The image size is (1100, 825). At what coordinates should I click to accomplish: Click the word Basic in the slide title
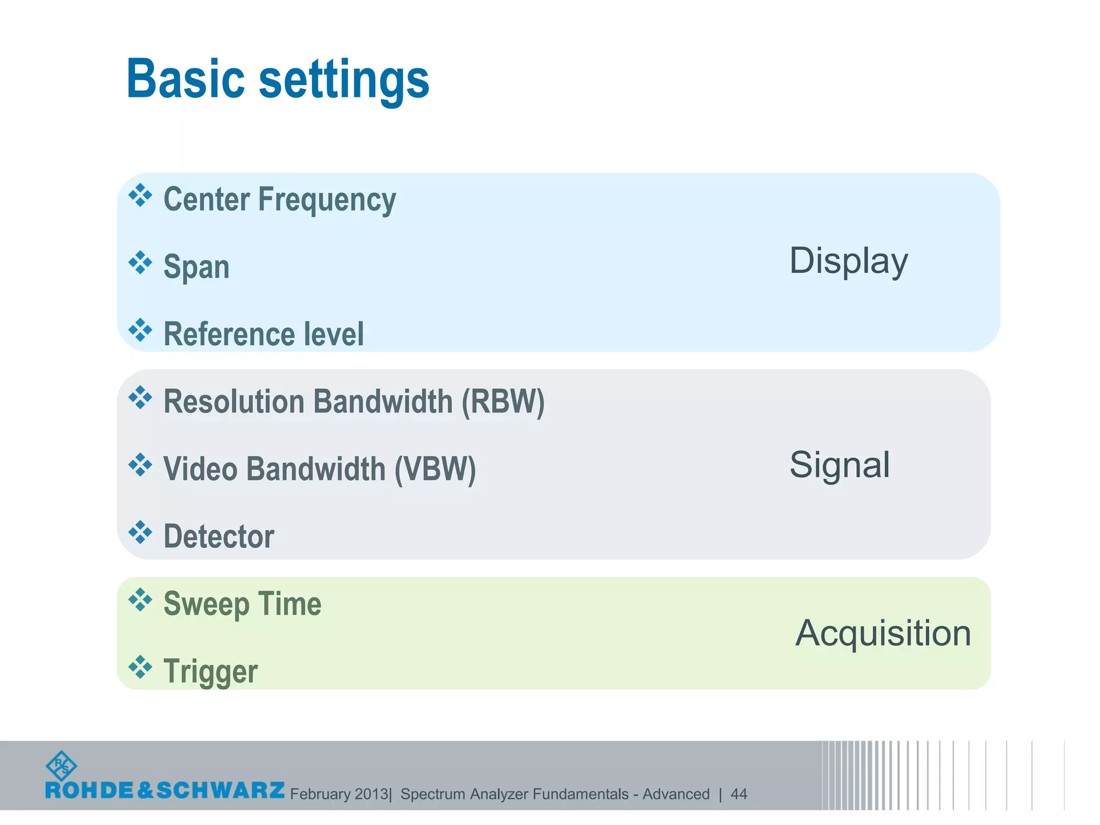pyautogui.click(x=185, y=79)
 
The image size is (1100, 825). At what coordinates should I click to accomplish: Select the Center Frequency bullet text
pyautogui.click(x=279, y=200)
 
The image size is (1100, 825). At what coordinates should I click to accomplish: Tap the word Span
pyautogui.click(x=197, y=267)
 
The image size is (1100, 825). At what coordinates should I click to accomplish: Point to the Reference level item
pyautogui.click(x=263, y=334)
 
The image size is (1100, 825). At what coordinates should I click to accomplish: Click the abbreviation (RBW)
pyautogui.click(x=503, y=402)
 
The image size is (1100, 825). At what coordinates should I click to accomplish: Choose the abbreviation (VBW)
pyautogui.click(x=435, y=469)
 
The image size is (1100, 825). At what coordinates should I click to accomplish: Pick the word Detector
pyautogui.click(x=219, y=536)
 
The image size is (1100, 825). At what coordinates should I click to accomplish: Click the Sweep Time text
pyautogui.click(x=242, y=604)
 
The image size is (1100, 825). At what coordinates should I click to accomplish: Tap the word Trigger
pyautogui.click(x=211, y=671)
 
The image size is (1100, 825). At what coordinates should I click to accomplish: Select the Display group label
pyautogui.click(x=848, y=261)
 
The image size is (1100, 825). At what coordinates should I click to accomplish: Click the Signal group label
pyautogui.click(x=840, y=465)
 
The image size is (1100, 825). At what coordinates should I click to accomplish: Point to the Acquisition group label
pyautogui.click(x=883, y=633)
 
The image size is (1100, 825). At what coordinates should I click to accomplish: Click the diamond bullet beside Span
pyautogui.click(x=140, y=263)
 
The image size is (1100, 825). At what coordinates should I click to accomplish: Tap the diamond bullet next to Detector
pyautogui.click(x=140, y=532)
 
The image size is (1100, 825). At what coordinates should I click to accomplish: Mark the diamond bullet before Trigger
pyautogui.click(x=140, y=667)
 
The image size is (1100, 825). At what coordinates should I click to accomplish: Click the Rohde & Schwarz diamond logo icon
pyautogui.click(x=61, y=765)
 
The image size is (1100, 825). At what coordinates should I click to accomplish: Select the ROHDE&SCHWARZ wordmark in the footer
pyautogui.click(x=165, y=790)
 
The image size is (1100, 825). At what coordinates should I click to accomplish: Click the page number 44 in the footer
pyautogui.click(x=739, y=794)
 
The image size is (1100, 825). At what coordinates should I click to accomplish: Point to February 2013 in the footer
pyautogui.click(x=339, y=794)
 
